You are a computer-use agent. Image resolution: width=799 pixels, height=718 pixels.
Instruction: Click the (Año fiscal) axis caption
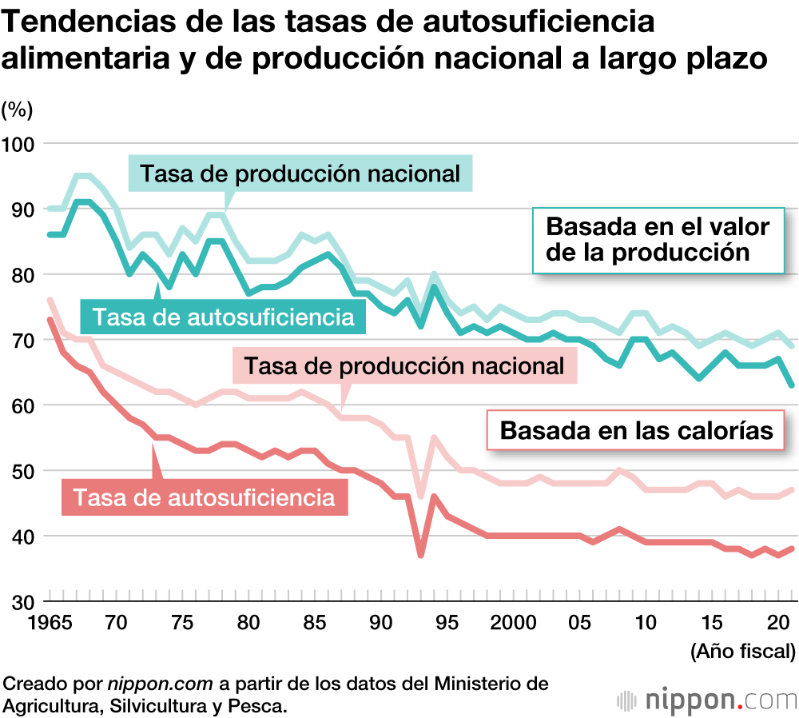[x=742, y=652]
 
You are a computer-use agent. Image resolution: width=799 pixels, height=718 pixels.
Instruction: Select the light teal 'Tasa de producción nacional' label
[x=300, y=174]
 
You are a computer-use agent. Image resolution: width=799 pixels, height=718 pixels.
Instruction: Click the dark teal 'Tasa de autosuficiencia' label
[x=223, y=317]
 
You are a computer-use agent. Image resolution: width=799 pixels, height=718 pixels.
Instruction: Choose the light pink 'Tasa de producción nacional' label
[x=404, y=366]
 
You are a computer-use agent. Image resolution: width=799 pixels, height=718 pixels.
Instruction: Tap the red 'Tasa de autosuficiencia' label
[x=204, y=497]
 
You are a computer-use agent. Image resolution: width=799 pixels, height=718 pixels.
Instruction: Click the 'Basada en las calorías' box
[x=636, y=430]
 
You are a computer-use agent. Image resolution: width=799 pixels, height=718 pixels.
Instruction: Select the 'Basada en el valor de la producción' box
[x=657, y=239]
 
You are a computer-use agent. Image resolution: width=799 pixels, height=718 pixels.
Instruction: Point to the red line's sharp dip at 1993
[x=420, y=555]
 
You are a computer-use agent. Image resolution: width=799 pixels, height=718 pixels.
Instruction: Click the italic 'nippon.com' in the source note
[x=161, y=684]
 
